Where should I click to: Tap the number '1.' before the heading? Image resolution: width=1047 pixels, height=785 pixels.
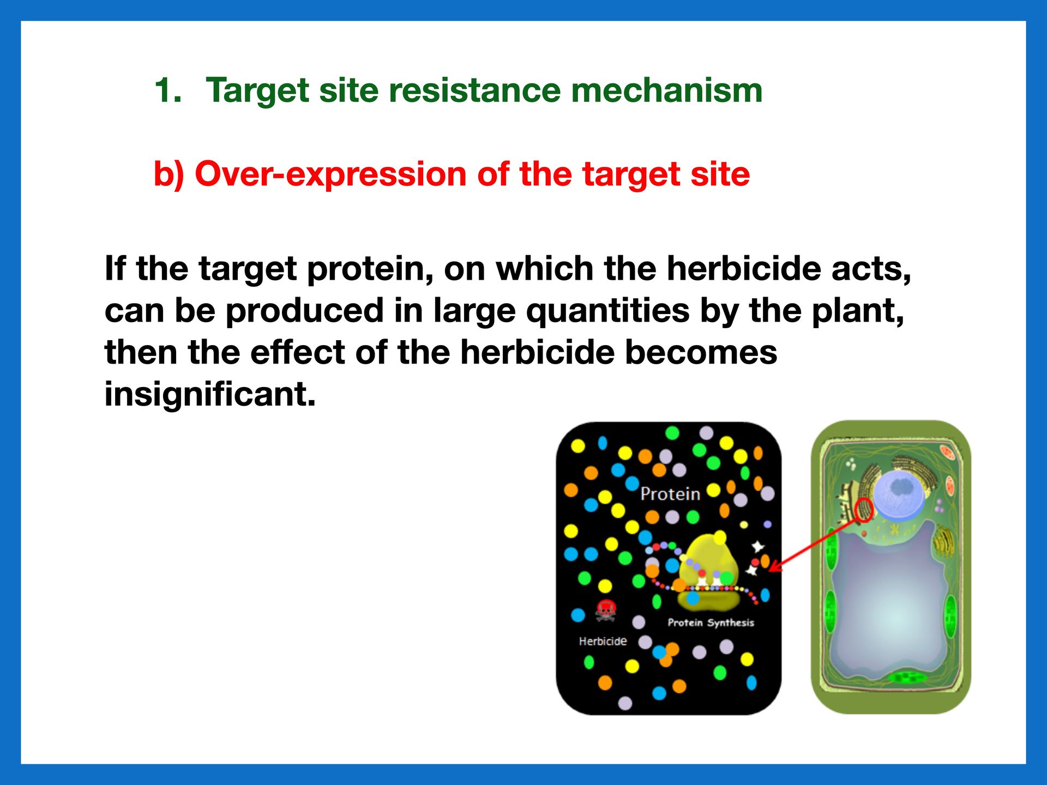pyautogui.click(x=168, y=90)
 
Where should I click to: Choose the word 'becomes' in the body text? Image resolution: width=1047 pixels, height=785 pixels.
pyautogui.click(x=701, y=352)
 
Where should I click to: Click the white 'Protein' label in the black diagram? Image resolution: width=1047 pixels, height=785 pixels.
pyautogui.click(x=670, y=494)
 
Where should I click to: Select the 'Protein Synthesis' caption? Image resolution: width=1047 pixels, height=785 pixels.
pyautogui.click(x=711, y=623)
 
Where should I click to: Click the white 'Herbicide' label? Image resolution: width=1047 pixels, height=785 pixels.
pyautogui.click(x=603, y=641)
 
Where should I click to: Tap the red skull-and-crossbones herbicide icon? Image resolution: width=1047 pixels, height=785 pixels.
pyautogui.click(x=605, y=610)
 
